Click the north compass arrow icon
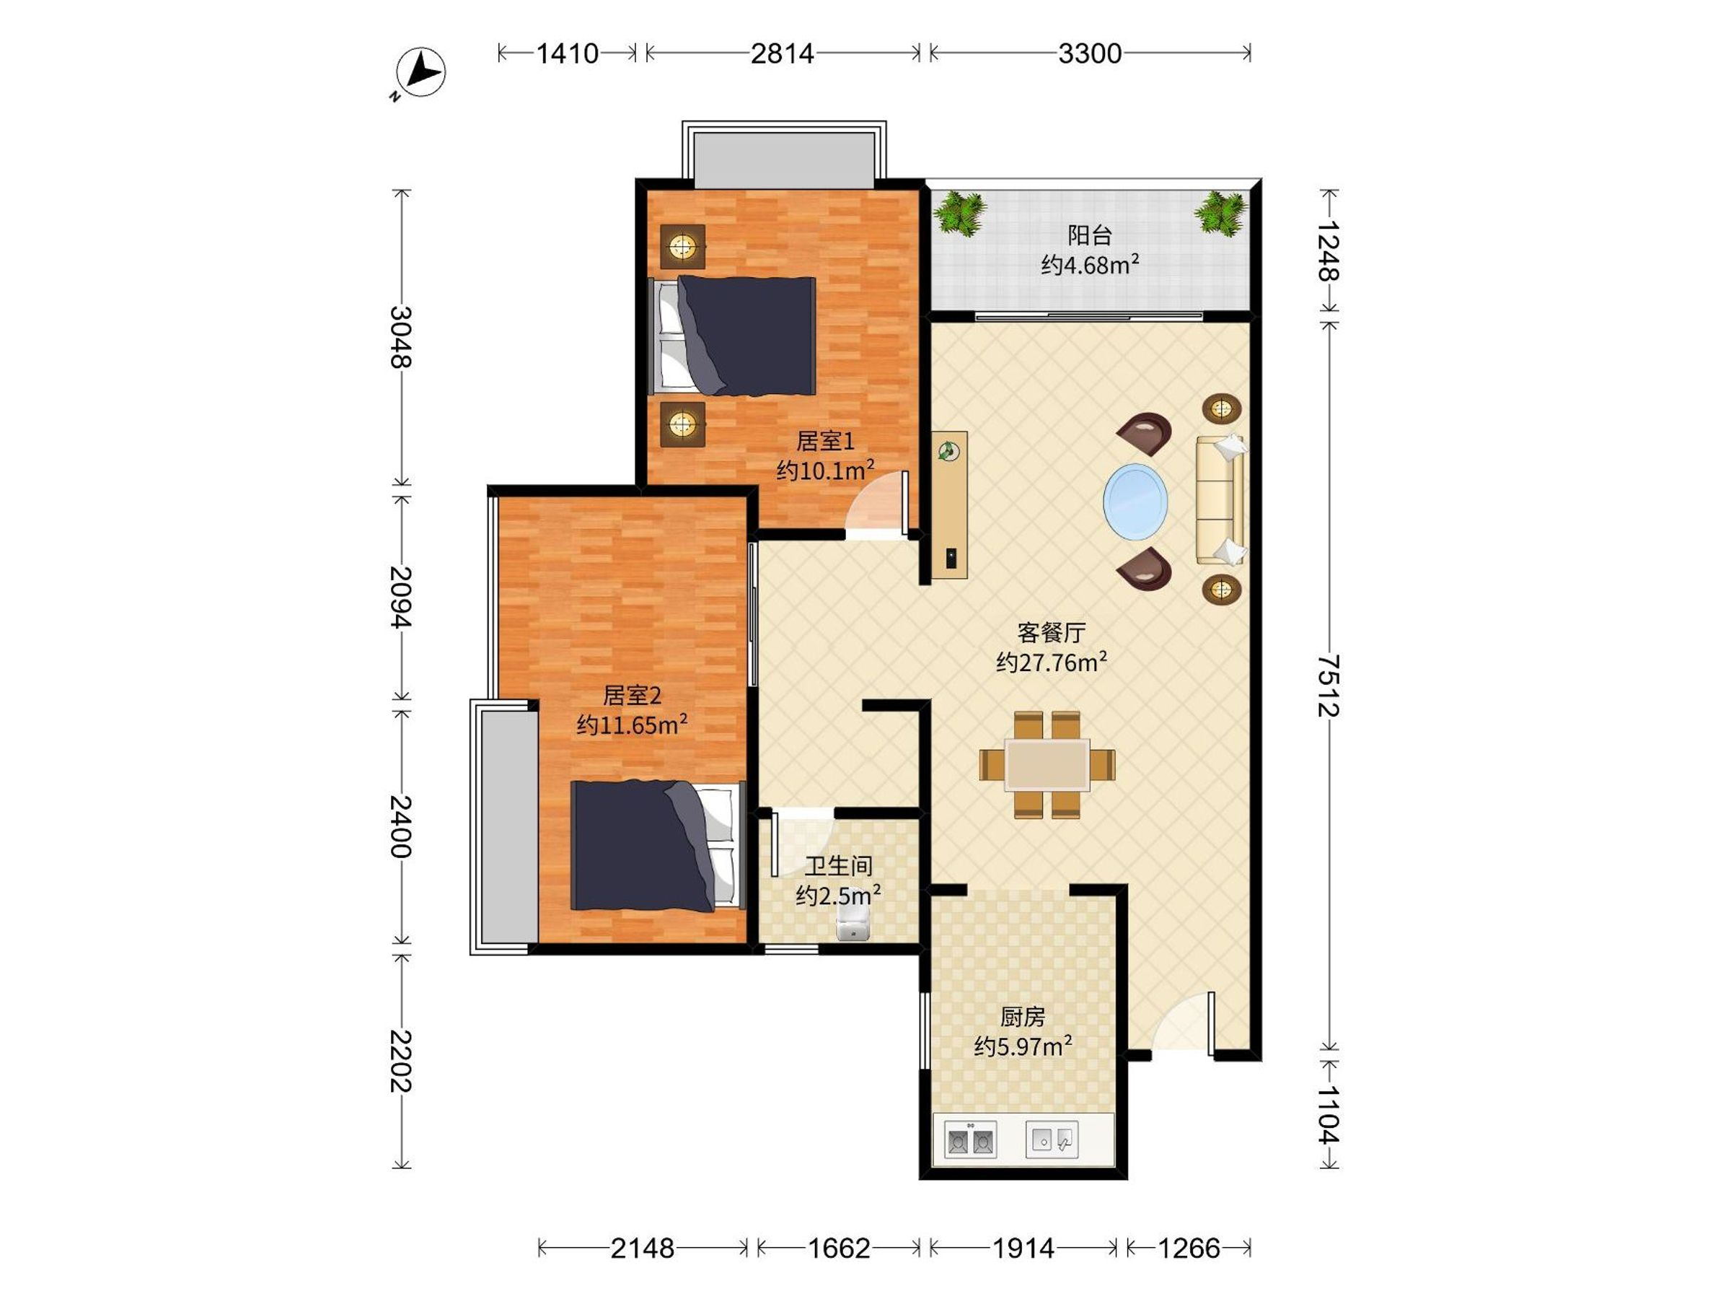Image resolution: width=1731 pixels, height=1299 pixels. [421, 73]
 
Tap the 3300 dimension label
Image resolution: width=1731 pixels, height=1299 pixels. [1090, 53]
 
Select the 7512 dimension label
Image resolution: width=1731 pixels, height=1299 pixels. [1328, 686]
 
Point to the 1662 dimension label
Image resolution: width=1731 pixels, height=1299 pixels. [839, 1247]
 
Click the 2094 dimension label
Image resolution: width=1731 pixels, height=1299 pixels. [401, 597]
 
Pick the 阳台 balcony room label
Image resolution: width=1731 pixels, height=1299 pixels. [1089, 235]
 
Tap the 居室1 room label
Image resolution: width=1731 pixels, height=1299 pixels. [825, 442]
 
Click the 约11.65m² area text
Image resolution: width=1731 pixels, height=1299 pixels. [633, 725]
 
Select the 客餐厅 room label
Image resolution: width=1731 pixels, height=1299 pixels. [1051, 632]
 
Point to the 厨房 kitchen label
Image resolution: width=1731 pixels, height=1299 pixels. [1022, 1017]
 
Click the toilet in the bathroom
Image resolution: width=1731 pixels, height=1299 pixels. [853, 923]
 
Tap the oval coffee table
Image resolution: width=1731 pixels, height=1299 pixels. [1135, 502]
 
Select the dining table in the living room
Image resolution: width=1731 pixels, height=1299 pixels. [1047, 764]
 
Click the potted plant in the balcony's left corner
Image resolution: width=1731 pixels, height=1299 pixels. [959, 212]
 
